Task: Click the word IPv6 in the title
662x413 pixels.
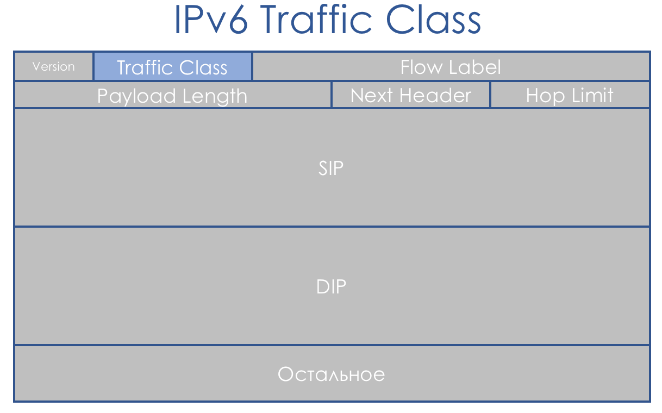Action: [211, 20]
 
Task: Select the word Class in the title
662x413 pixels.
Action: [434, 20]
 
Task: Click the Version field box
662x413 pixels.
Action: [53, 66]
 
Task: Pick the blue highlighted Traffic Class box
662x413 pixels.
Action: [173, 66]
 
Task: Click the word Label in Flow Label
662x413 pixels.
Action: [475, 67]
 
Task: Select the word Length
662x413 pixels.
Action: [215, 96]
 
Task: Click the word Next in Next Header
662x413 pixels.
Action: [371, 96]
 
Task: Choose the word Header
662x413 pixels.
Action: [435, 96]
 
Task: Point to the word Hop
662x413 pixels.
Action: [545, 96]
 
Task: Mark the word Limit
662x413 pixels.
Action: [592, 96]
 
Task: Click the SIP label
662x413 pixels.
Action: [331, 168]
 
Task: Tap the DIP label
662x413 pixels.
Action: [331, 286]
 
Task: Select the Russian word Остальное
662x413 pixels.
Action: [332, 374]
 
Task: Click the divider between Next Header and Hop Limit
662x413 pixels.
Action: [490, 95]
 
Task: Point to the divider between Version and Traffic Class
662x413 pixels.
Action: [93, 66]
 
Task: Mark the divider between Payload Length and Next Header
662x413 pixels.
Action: [332, 95]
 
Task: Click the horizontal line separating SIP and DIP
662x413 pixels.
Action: [332, 227]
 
